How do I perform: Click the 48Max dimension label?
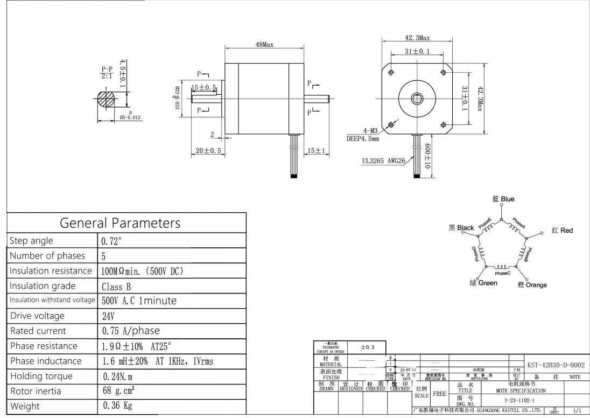pyautogui.click(x=264, y=45)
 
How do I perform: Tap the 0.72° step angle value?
pyautogui.click(x=112, y=241)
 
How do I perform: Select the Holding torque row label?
pyautogui.click(x=41, y=376)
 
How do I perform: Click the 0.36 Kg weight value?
pyautogui.click(x=117, y=406)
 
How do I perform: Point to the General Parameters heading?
pyautogui.click(x=120, y=222)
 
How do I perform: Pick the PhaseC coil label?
pyautogui.click(x=502, y=274)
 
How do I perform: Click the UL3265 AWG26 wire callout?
pyautogui.click(x=383, y=161)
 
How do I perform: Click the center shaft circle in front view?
pyautogui.click(x=417, y=99)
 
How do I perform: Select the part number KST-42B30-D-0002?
pyautogui.click(x=556, y=365)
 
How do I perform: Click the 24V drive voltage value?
pyautogui.click(x=108, y=316)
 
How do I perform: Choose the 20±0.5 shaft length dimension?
pyautogui.click(x=209, y=151)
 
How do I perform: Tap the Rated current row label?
pyautogui.click(x=38, y=331)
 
